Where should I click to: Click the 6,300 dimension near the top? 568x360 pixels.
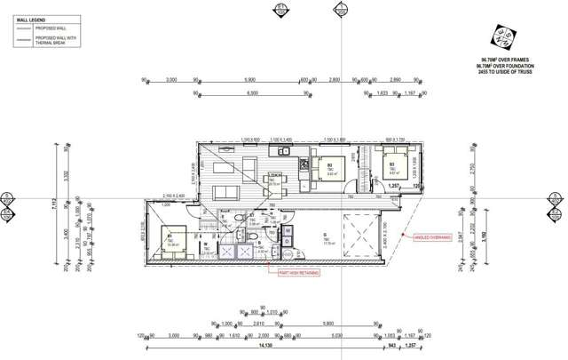253,92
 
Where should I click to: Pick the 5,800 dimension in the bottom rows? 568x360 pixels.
328,324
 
